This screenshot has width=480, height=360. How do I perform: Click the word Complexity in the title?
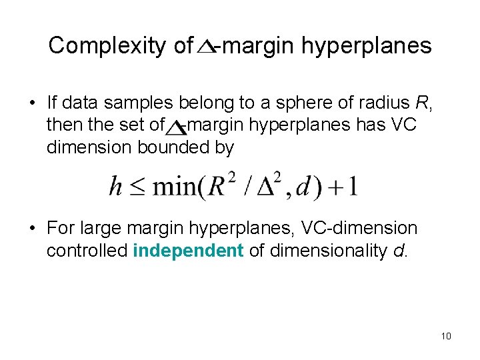[107, 45]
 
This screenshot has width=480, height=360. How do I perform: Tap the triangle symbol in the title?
[207, 47]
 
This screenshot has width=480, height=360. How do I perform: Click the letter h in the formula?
[116, 186]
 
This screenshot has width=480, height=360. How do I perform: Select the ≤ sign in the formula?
[136, 187]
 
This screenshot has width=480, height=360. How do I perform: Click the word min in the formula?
[173, 186]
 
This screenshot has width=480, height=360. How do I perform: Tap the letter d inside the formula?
[303, 186]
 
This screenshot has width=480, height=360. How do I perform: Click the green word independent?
[189, 251]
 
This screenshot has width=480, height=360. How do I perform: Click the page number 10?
[446, 336]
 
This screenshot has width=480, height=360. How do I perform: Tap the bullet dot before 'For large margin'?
[32, 229]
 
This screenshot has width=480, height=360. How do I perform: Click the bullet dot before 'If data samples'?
[32, 104]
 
